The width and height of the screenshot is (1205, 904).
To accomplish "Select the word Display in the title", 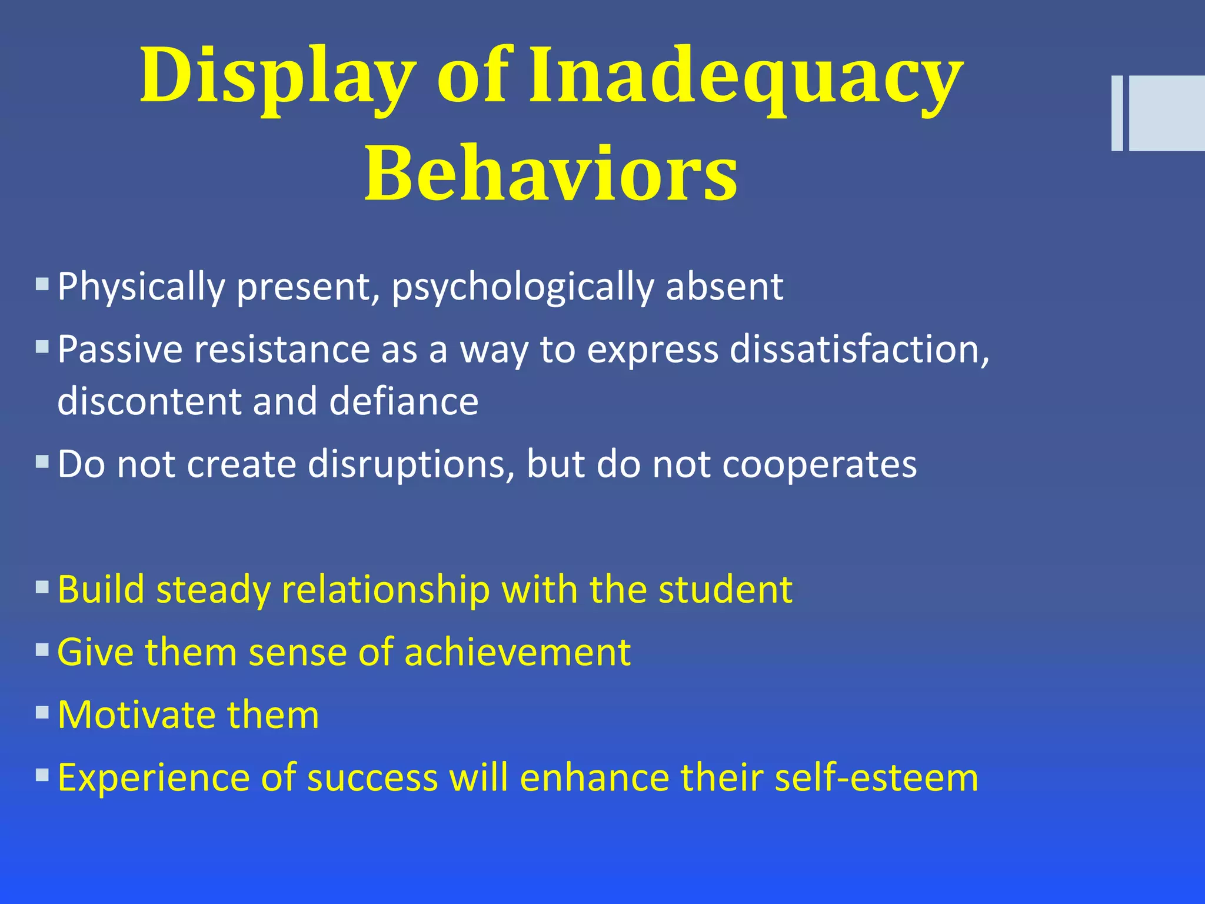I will [277, 77].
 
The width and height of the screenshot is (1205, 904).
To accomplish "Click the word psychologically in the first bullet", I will [522, 287].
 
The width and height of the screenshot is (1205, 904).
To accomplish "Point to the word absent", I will [724, 287].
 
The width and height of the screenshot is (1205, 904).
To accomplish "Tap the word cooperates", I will [819, 464].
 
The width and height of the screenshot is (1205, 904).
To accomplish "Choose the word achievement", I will [517, 652].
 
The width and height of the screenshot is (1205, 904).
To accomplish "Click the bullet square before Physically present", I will [42, 285].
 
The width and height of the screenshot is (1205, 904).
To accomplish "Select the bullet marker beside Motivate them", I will [42, 713].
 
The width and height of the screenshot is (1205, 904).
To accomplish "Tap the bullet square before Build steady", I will [42, 587].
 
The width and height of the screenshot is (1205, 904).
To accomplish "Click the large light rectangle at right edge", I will [1167, 113].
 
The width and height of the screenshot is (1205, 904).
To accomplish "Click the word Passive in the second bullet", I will [120, 349].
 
